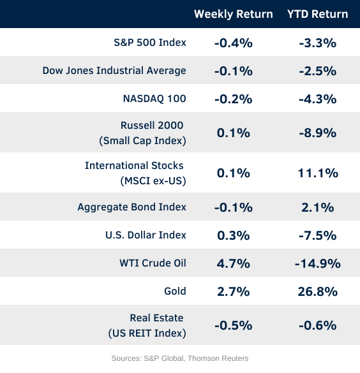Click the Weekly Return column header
pos(234,14)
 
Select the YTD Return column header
pos(318,14)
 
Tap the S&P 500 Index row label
pos(150,42)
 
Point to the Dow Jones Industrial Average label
pos(114,71)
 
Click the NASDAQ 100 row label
pos(154,99)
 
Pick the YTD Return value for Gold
pos(318,291)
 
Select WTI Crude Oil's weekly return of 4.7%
pos(234,263)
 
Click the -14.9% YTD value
pos(318,263)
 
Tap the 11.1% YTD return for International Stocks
pos(318,173)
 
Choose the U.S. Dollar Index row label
pos(146,235)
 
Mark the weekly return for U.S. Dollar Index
pos(234,235)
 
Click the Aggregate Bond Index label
pos(132,207)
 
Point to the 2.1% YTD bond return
pos(318,207)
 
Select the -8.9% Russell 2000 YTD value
pos(318,133)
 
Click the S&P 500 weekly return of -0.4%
pos(234,43)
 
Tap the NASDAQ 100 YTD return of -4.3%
pos(318,99)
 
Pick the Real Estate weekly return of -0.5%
pos(234,325)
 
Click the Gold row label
pos(175,291)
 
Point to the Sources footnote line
pos(180,358)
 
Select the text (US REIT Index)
pos(147,333)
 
